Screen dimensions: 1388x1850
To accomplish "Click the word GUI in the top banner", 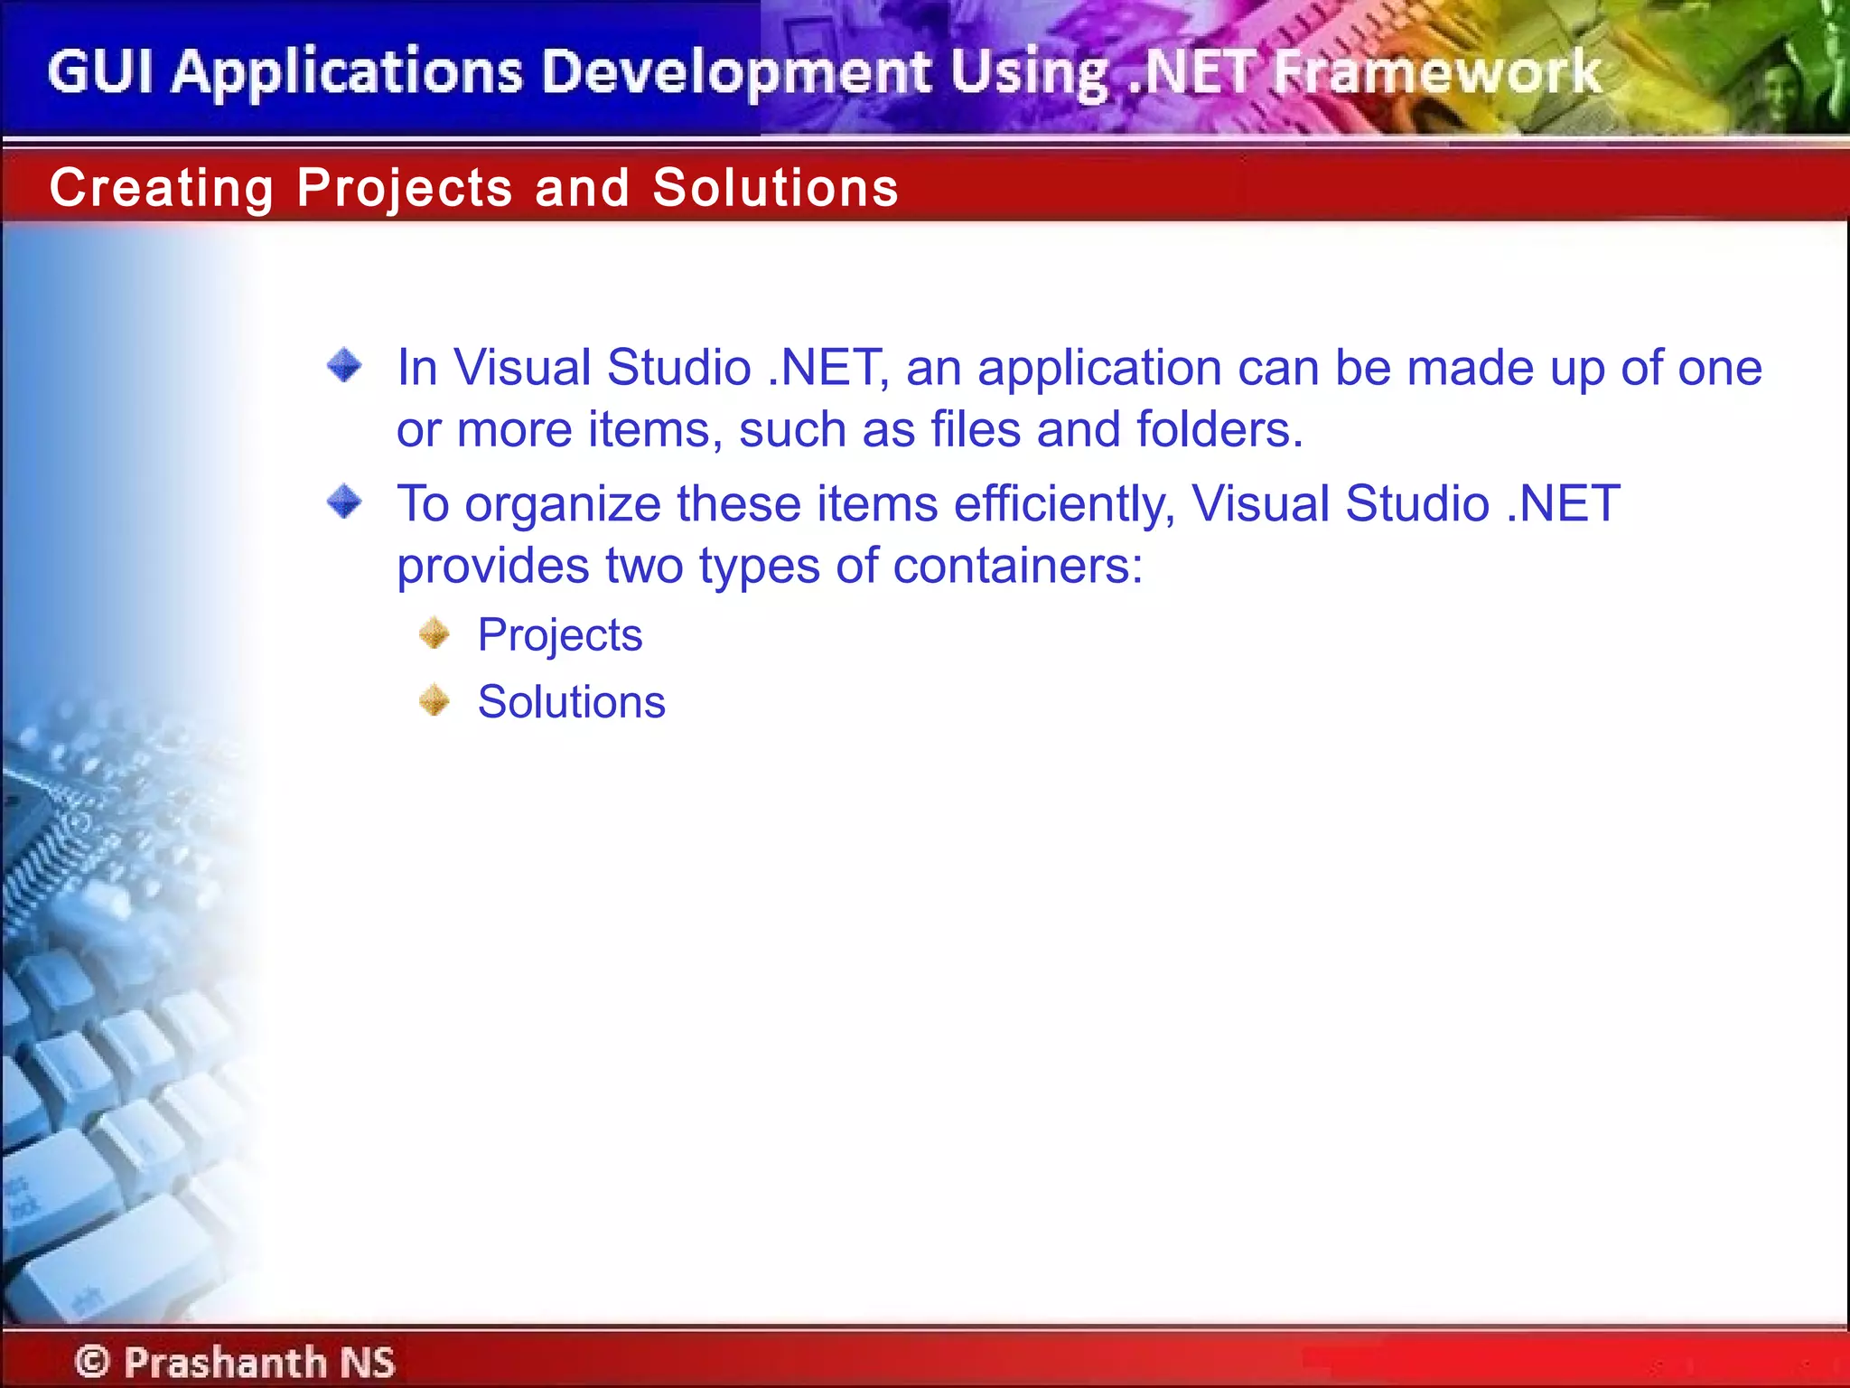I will [x=99, y=72].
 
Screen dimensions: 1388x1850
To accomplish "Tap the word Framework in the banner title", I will [x=1436, y=72].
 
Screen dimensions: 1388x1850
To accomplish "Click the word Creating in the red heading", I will [x=161, y=188].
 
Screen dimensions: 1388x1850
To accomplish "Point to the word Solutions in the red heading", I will [x=775, y=188].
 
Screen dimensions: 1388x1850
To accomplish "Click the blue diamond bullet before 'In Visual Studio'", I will [x=344, y=366].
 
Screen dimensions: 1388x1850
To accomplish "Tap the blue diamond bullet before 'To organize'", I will [x=344, y=502].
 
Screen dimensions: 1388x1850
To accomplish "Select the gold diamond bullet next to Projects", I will [x=434, y=633].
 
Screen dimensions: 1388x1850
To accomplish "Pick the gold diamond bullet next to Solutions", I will [x=434, y=700].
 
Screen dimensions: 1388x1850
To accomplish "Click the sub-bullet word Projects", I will [x=559, y=635].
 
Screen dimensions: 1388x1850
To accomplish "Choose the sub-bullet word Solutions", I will [x=571, y=702].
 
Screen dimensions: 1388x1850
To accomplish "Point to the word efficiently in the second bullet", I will [x=1064, y=504].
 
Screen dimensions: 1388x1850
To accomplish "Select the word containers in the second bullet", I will [x=1017, y=567].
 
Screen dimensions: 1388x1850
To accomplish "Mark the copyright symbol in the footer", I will [x=92, y=1361].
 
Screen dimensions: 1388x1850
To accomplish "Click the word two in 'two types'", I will [x=643, y=567].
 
